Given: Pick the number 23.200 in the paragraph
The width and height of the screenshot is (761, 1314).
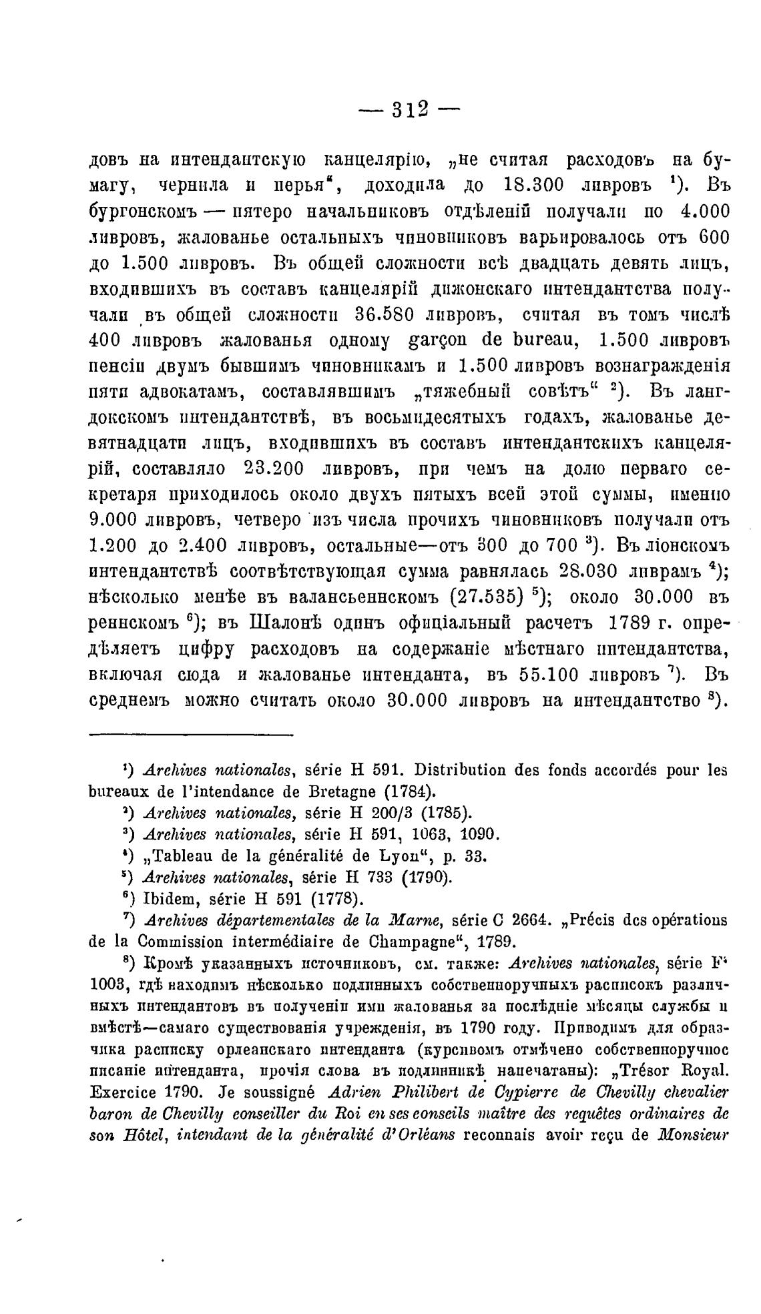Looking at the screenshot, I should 275,469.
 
